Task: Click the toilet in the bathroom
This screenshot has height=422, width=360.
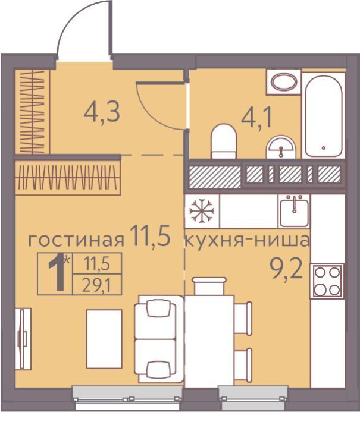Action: click(x=223, y=141)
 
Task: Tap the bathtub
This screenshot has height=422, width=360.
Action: click(x=323, y=116)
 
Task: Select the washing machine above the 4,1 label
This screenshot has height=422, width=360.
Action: click(x=283, y=82)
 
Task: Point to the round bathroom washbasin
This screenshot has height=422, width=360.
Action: click(x=281, y=147)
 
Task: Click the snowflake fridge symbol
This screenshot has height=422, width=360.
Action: click(x=202, y=210)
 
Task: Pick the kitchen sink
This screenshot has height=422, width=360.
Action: click(x=294, y=211)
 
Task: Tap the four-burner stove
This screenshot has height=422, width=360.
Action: click(x=327, y=281)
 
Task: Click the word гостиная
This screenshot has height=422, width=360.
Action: click(x=76, y=240)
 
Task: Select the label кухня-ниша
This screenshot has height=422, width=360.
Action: click(x=248, y=240)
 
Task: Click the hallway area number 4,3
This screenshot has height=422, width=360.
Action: click(x=102, y=113)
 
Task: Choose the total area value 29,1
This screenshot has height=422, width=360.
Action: click(x=96, y=286)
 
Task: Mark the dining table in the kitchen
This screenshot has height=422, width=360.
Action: click(x=209, y=341)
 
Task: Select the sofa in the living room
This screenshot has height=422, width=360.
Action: click(x=159, y=339)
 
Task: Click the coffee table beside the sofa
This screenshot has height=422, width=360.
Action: click(x=104, y=339)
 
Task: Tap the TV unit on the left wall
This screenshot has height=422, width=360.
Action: click(x=23, y=339)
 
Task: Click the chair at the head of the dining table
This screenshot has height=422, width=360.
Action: click(x=209, y=286)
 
